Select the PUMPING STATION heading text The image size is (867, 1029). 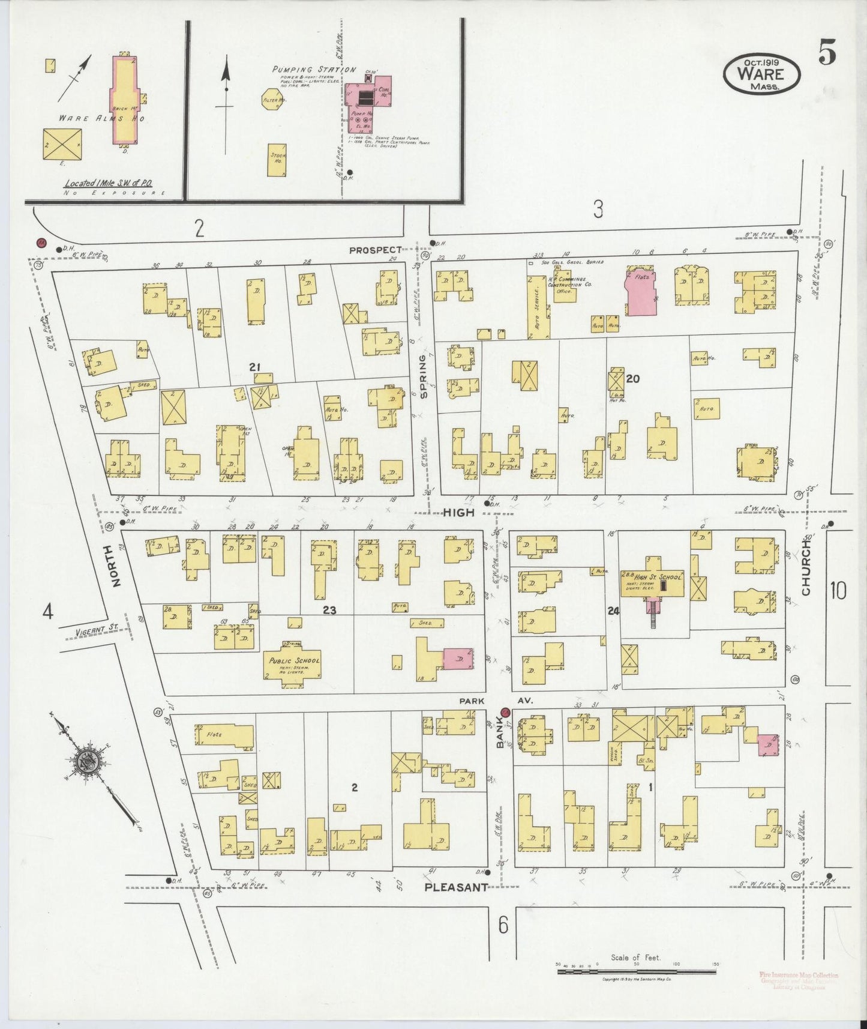click(x=314, y=70)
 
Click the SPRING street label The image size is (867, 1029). click(x=423, y=376)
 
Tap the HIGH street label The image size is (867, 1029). click(x=459, y=512)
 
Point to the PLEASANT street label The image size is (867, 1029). click(x=456, y=887)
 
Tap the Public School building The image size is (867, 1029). click(x=292, y=664)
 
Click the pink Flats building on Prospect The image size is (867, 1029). click(x=641, y=292)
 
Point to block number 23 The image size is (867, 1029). click(x=329, y=611)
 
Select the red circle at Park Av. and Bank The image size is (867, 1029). click(x=505, y=713)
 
